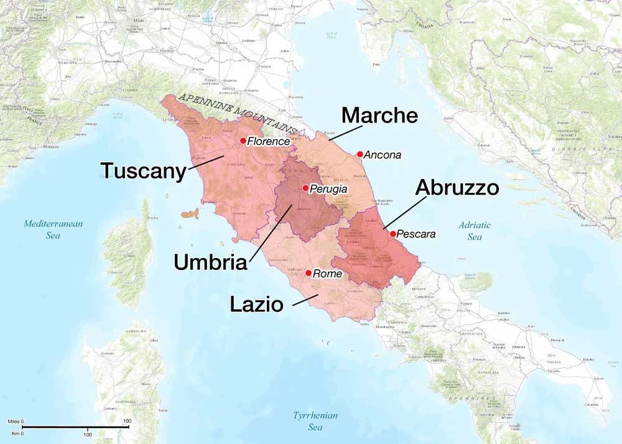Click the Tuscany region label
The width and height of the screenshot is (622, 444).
(144, 171)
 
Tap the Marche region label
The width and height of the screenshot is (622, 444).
(379, 116)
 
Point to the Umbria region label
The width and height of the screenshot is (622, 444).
(210, 262)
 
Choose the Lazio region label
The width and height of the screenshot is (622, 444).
(256, 304)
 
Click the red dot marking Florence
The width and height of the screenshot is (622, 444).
(243, 141)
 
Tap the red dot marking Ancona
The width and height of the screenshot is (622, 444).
(360, 154)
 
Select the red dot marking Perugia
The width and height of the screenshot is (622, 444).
(305, 188)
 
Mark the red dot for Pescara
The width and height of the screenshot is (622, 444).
(392, 234)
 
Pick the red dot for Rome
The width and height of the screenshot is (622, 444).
(309, 273)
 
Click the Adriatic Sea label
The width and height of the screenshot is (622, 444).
(475, 231)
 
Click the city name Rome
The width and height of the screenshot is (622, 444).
(328, 274)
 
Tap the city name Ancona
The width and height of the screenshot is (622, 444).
(383, 155)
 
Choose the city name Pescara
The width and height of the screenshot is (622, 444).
(415, 234)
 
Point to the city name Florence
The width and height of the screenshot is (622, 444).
(269, 141)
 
